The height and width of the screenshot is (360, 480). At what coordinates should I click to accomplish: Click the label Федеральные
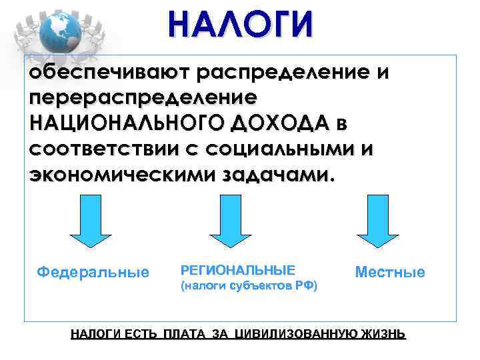(x=93, y=273)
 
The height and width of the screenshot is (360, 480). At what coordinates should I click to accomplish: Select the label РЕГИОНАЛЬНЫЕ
(x=237, y=270)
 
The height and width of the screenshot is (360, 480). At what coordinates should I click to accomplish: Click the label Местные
(x=390, y=273)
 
